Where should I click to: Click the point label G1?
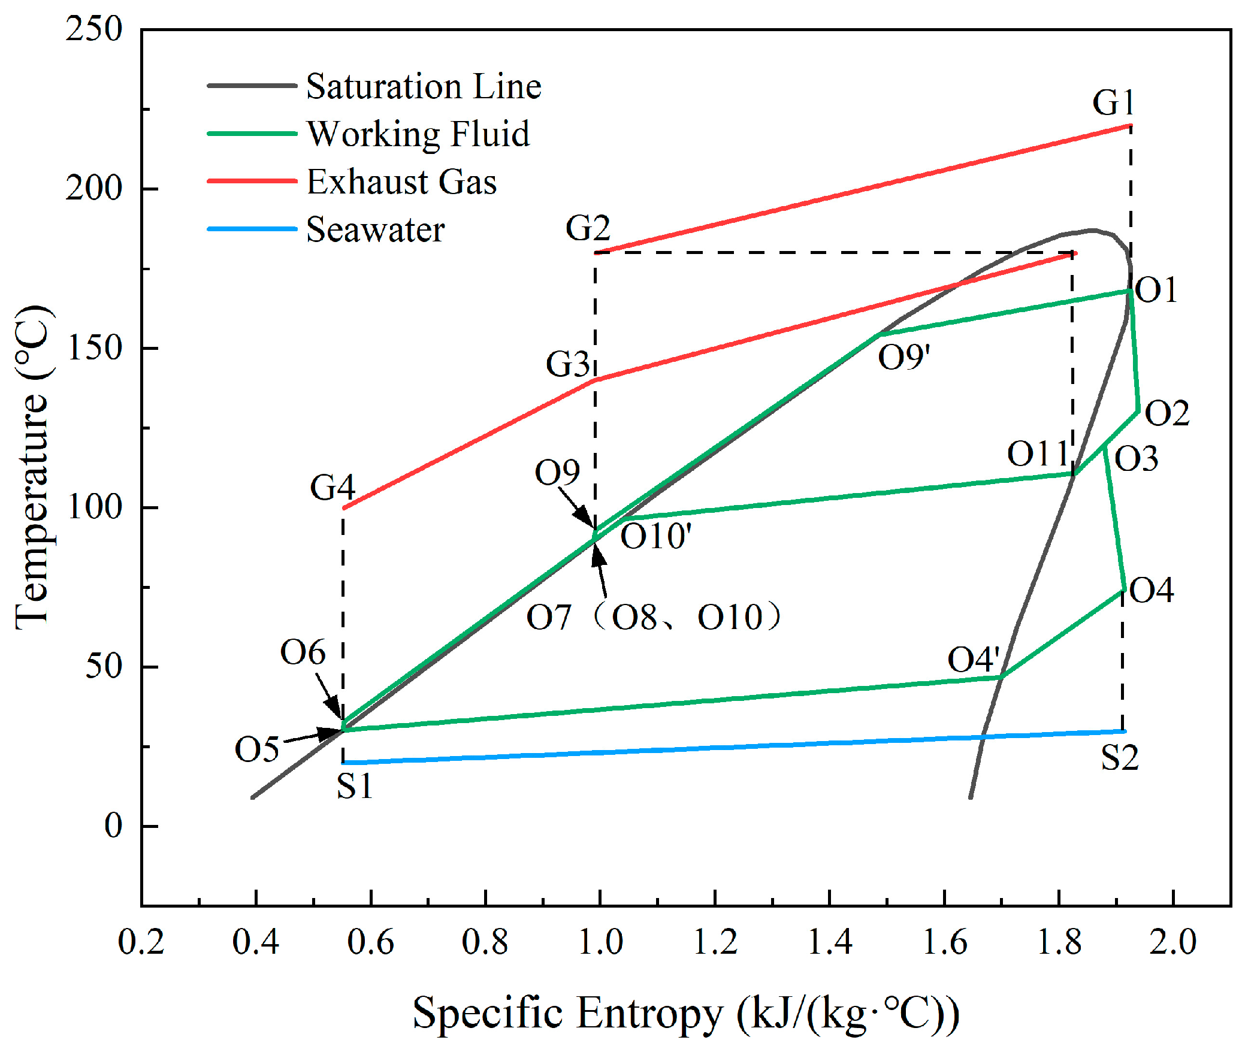click(1113, 102)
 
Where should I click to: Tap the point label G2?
click(588, 228)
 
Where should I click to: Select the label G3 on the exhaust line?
click(567, 364)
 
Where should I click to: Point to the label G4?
click(332, 487)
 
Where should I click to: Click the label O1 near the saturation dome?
click(1156, 290)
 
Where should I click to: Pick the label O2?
click(1167, 413)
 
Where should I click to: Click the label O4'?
click(973, 660)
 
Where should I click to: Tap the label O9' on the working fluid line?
click(903, 357)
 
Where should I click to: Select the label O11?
click(1038, 453)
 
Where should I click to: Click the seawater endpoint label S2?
click(1119, 757)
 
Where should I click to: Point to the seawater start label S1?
click(354, 786)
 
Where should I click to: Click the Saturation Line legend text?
click(424, 86)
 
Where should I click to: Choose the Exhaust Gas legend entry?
click(401, 182)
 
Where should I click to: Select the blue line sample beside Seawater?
click(252, 229)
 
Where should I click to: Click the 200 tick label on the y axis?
click(94, 188)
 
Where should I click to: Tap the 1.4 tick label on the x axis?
click(829, 942)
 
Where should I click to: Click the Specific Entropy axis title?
click(685, 1012)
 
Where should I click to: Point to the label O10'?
click(655, 536)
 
